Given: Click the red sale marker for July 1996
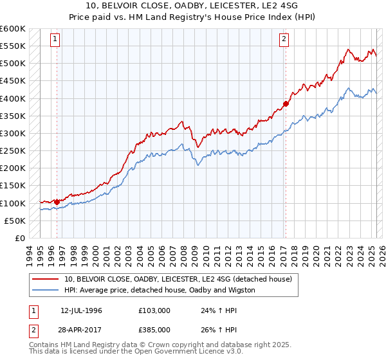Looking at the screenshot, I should (x=57, y=202).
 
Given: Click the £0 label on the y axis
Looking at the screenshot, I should (x=19, y=238).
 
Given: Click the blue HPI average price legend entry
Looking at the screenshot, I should (x=160, y=290).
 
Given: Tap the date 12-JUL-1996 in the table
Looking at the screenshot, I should (x=81, y=310).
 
